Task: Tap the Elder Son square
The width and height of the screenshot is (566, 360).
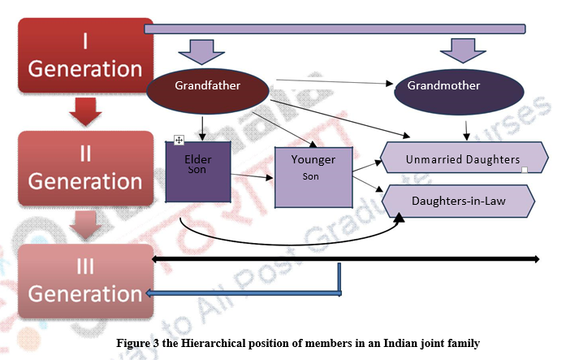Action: click(198, 171)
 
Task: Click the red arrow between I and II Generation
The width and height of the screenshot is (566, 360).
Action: click(84, 111)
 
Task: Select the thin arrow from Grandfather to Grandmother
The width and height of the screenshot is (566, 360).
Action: click(333, 82)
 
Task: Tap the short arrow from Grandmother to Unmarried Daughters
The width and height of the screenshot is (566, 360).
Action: click(465, 130)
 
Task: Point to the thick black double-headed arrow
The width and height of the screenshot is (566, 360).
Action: click(345, 259)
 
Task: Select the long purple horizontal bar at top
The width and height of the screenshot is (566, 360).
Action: click(334, 30)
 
